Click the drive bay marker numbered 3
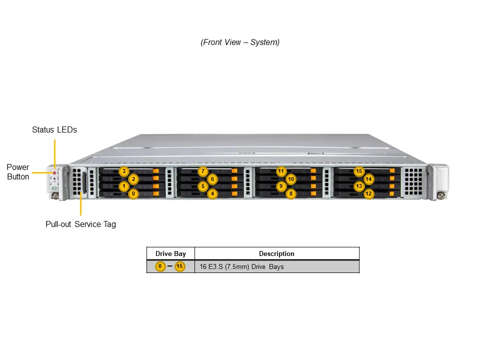[x=124, y=171]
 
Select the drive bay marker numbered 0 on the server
[x=133, y=193]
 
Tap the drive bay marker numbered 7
[x=202, y=171]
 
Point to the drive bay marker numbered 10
[x=291, y=179]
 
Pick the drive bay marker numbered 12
[x=368, y=193]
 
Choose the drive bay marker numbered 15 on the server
[x=359, y=171]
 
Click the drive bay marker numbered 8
[x=291, y=193]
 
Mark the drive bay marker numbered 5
[x=202, y=186]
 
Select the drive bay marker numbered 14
[x=368, y=179]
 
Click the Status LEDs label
[x=54, y=129]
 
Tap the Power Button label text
[x=18, y=171]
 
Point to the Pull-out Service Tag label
[x=80, y=224]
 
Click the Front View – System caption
[x=240, y=42]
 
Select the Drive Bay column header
[x=170, y=253]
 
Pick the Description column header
[x=276, y=253]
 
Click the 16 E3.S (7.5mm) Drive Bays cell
[x=241, y=266]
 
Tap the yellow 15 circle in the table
[x=179, y=266]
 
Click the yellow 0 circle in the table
[x=160, y=266]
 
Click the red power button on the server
[x=54, y=173]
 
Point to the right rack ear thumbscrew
[x=441, y=195]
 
